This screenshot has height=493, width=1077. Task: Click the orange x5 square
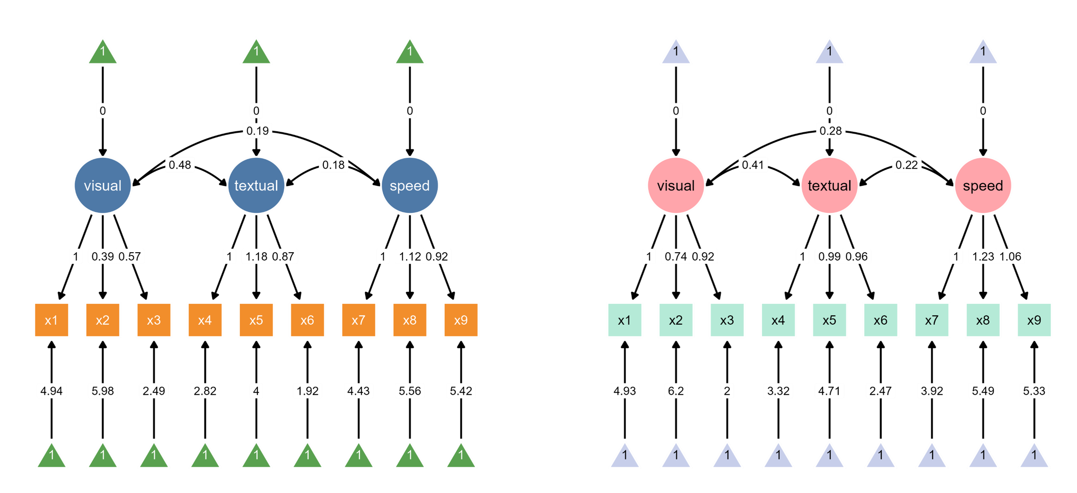point(256,320)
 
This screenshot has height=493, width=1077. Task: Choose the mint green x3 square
point(727,320)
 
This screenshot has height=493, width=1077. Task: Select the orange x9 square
point(461,320)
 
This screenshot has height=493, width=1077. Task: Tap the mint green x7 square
point(932,320)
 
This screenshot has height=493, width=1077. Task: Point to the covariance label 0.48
point(180,164)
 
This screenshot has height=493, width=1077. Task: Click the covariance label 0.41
point(753,164)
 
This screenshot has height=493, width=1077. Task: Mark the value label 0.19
point(257,131)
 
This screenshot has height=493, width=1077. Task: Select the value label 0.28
point(830,131)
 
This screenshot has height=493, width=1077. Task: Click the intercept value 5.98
point(102,391)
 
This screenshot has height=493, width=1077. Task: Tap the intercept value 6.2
point(676,391)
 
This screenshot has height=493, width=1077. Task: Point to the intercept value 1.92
point(307,391)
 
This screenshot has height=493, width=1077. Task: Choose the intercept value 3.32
point(778,391)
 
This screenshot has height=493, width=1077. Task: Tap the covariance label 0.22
point(907,164)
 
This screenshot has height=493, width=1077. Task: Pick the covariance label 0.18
point(333,164)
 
